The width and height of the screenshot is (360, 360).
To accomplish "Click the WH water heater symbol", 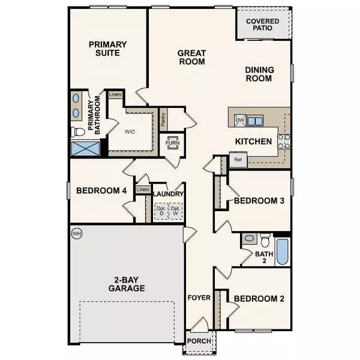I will (76, 233).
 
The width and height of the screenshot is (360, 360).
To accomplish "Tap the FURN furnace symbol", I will (173, 144).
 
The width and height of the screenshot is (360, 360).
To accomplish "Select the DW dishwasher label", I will (240, 121).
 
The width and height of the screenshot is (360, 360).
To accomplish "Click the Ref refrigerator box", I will (237, 160).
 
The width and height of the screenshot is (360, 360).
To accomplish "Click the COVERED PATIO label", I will (263, 24).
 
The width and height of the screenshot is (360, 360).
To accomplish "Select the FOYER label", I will (198, 297).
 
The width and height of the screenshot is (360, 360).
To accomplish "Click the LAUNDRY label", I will (168, 194).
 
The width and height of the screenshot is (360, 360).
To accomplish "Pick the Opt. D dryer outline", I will (160, 211).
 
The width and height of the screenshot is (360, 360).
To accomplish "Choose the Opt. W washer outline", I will (176, 211).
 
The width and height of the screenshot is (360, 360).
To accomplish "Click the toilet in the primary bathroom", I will (76, 131).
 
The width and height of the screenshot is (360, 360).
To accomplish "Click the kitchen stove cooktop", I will (284, 142).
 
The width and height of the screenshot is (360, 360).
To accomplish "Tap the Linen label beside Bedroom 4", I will (143, 190).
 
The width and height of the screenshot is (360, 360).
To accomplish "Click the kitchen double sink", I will (255, 121).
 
